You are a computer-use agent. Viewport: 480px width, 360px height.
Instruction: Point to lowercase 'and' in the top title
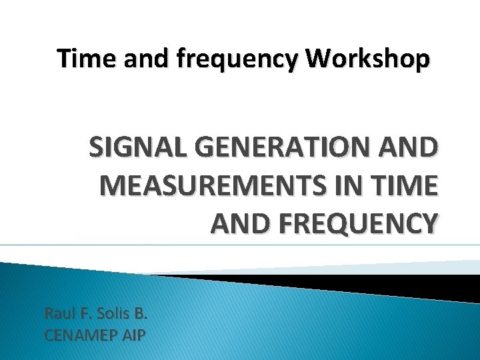click(x=141, y=59)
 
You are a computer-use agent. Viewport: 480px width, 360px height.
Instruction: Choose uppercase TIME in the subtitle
click(x=407, y=185)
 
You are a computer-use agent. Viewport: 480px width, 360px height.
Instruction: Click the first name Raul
click(x=59, y=313)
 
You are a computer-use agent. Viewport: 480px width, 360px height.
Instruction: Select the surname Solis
click(x=114, y=313)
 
